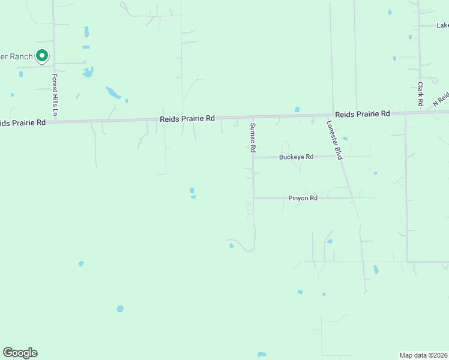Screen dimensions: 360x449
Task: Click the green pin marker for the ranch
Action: pyautogui.click(x=42, y=56)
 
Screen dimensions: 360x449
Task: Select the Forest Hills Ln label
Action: pyautogui.click(x=55, y=95)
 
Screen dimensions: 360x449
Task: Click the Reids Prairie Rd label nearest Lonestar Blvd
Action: pyautogui.click(x=363, y=114)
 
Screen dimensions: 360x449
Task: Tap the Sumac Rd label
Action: pyautogui.click(x=253, y=137)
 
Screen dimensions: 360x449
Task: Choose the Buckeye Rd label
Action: pyautogui.click(x=296, y=157)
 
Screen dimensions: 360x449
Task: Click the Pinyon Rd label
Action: pyautogui.click(x=303, y=197)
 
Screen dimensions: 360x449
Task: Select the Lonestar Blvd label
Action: pyautogui.click(x=334, y=140)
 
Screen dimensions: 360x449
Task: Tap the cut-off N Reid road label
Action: pyautogui.click(x=441, y=100)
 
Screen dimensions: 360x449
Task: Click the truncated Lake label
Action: pyautogui.click(x=442, y=25)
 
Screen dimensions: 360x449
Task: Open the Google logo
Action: pyautogui.click(x=20, y=353)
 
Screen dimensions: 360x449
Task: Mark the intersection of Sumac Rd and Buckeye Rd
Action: pyautogui.click(x=253, y=157)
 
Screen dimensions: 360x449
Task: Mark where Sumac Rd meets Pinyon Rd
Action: pyautogui.click(x=253, y=197)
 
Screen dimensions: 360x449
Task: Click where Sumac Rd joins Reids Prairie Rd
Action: pyautogui.click(x=252, y=117)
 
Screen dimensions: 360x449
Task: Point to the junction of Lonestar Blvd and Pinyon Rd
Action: pyautogui.click(x=352, y=197)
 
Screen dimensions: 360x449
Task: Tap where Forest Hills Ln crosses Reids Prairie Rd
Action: pyautogui.click(x=55, y=121)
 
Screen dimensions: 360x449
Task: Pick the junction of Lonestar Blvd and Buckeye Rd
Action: pyautogui.click(x=340, y=156)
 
